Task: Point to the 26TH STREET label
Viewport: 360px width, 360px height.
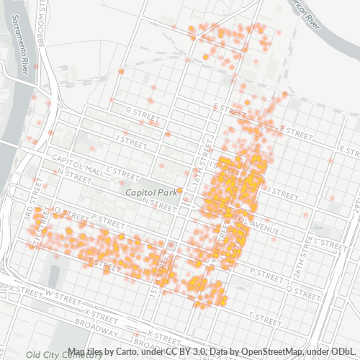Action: [x=354, y=209]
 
